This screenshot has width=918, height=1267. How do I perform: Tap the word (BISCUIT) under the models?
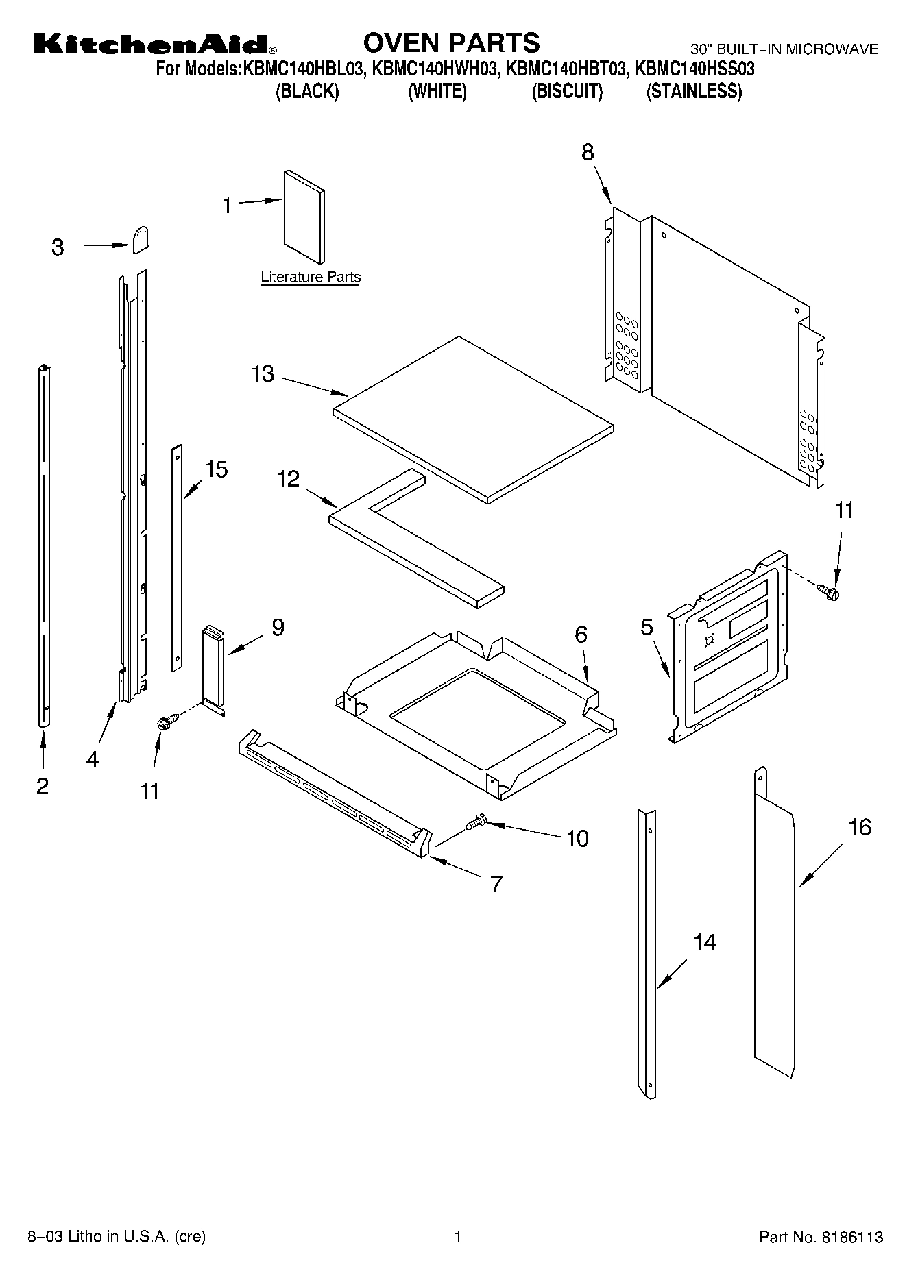567,91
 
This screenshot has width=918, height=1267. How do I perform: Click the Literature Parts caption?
311,278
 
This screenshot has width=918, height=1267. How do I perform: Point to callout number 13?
263,374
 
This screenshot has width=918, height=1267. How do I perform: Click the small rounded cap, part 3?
140,241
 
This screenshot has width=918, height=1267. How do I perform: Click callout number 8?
588,152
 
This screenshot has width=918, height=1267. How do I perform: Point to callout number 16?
859,827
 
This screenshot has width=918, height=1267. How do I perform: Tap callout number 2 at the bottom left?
43,786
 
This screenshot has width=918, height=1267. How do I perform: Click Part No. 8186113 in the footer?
821,1237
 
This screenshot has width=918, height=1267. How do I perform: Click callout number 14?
704,942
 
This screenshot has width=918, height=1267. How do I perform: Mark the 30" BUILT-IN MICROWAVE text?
784,49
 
